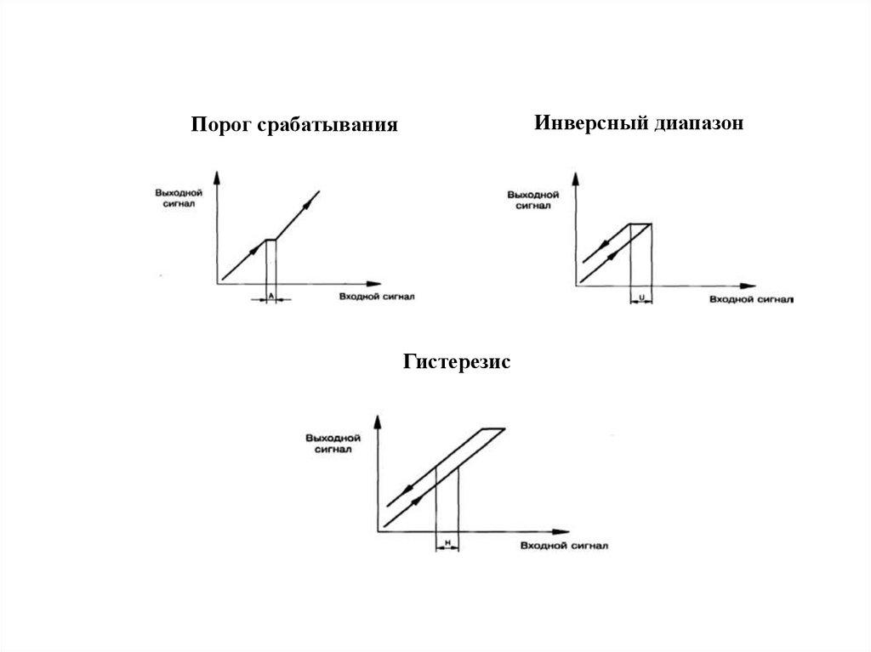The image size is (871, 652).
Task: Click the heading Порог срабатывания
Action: pyautogui.click(x=294, y=126)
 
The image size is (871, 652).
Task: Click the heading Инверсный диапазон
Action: pyautogui.click(x=639, y=123)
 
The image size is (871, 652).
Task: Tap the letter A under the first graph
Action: pyautogui.click(x=270, y=297)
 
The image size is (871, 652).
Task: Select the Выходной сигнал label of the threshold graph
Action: pyautogui.click(x=176, y=199)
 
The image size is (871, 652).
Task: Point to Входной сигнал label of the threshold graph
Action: pyautogui.click(x=378, y=297)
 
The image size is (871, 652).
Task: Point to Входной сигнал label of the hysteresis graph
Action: pyautogui.click(x=562, y=545)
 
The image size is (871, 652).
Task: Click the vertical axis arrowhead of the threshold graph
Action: pyautogui.click(x=219, y=177)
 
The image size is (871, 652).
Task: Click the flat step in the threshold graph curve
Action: pyautogui.click(x=271, y=240)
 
